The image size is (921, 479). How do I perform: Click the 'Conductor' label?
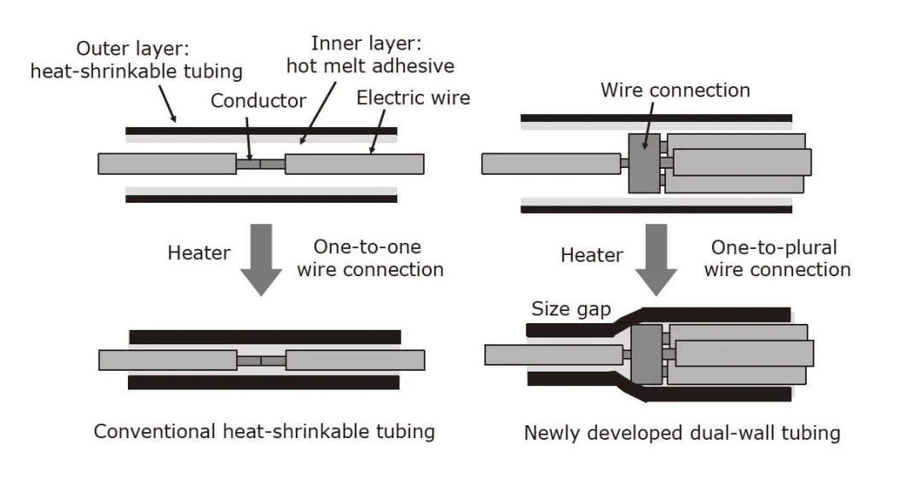pos(258,101)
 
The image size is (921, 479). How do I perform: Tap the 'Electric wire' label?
pos(413,97)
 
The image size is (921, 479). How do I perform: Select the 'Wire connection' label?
pos(675,90)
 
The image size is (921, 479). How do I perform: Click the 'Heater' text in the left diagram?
pos(199,253)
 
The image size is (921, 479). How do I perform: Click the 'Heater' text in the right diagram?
pos(592,255)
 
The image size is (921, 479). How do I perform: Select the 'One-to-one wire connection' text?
pos(379,258)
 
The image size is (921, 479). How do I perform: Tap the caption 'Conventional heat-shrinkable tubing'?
pos(264,431)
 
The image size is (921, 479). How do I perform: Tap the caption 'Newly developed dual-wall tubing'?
pos(681,433)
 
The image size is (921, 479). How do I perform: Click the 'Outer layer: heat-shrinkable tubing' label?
pos(136,61)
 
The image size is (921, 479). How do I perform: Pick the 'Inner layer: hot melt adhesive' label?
pos(370,55)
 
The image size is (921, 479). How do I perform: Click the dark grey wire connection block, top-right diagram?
pos(644,162)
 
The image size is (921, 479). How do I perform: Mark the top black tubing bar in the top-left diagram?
pos(261,131)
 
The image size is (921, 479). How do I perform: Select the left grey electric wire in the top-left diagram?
pos(167,164)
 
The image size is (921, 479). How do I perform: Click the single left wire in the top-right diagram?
pos(550,162)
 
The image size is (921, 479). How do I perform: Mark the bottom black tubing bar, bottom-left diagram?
pos(264,383)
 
